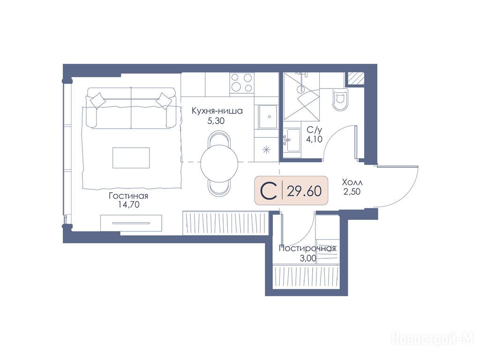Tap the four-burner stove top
[x=242, y=82]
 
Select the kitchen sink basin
[x=268, y=117]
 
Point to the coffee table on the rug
[x=131, y=157]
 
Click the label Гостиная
[x=128, y=196]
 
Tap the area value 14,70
[x=129, y=204]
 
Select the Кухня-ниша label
[x=217, y=111]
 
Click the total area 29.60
[x=304, y=191]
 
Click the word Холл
[x=352, y=183]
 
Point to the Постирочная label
[x=307, y=248]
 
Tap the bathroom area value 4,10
[x=315, y=139]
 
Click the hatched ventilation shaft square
[x=355, y=78]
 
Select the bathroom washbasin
[x=292, y=140]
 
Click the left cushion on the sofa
[x=97, y=100]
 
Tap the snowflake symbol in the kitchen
[x=267, y=150]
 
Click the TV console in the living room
[x=131, y=223]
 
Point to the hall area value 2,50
[x=352, y=192]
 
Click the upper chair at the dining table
[x=219, y=138]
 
